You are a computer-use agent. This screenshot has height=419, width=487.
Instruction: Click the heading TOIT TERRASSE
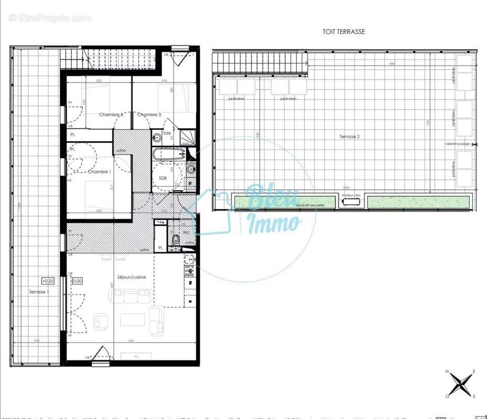point(344,31)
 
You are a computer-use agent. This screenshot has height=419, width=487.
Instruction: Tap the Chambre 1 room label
point(99,172)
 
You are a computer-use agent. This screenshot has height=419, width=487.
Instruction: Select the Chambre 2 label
point(111,115)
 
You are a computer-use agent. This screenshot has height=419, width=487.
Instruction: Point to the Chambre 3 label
point(149,115)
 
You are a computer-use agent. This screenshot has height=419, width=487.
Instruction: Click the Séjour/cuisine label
point(131,277)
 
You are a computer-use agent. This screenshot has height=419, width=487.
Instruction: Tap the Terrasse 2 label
point(349,136)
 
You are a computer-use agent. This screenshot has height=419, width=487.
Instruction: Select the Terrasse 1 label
point(39,292)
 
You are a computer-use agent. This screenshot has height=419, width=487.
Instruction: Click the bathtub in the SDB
point(168,155)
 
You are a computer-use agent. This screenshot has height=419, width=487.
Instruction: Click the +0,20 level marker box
point(49,281)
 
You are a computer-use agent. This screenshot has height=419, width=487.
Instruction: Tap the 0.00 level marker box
point(77,281)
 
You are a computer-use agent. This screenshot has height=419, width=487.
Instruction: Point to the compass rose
point(460,384)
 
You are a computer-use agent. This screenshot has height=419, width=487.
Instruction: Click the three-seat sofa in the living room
point(131,296)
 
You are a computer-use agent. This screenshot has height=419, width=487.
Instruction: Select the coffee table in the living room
point(134,319)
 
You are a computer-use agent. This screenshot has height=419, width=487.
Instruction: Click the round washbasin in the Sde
point(157,138)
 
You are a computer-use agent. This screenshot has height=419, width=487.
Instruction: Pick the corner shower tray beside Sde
point(187,138)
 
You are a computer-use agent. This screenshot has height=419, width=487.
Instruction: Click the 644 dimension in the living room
point(131,341)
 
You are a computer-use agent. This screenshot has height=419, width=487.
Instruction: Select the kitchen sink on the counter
point(190,260)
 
